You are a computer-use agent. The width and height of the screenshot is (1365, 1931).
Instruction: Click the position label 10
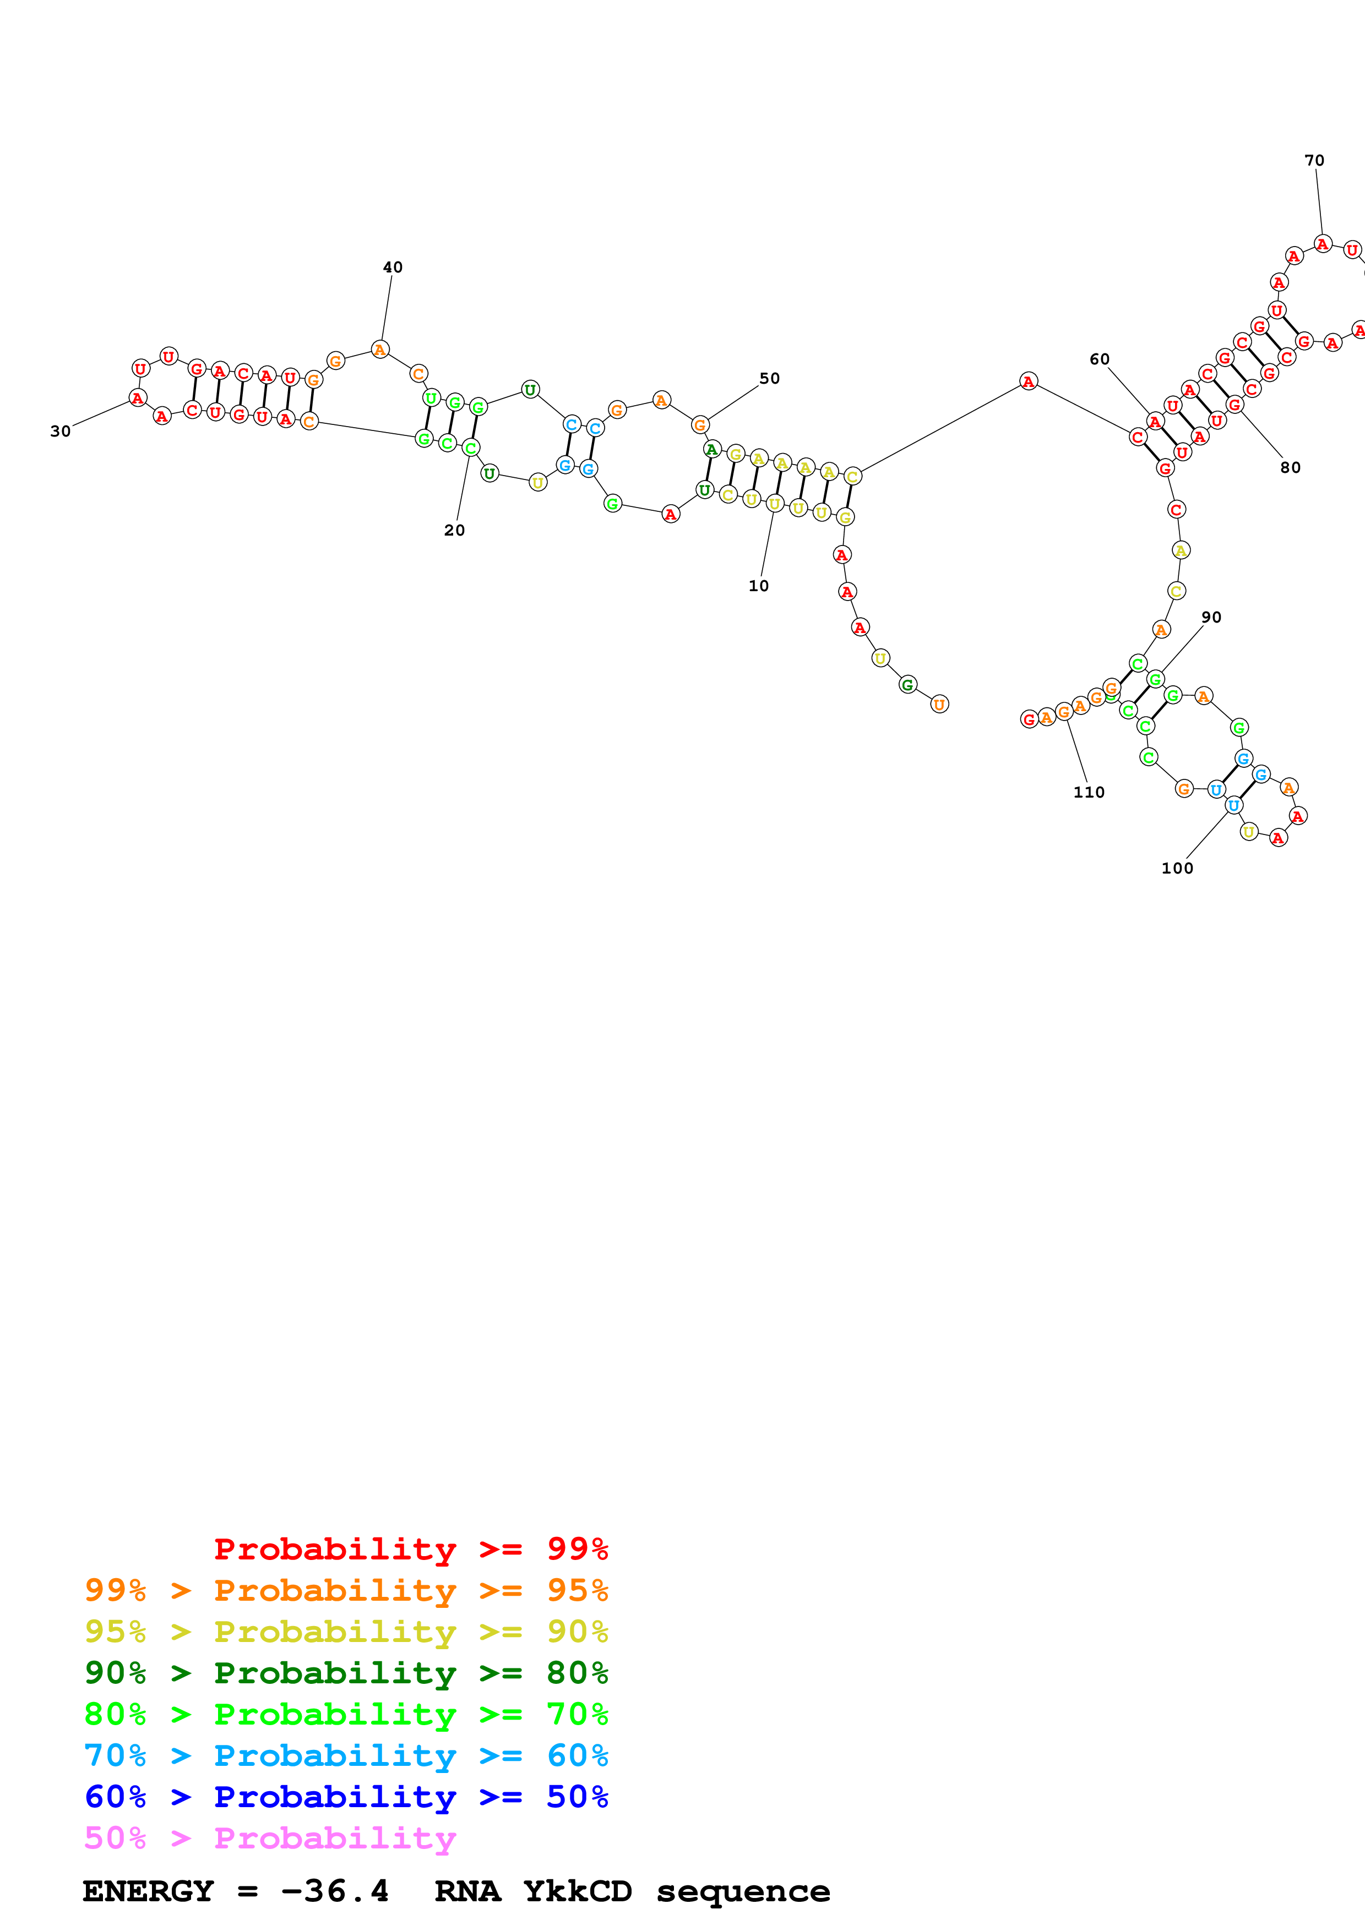pyautogui.click(x=758, y=586)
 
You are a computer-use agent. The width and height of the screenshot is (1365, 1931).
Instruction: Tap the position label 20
pyautogui.click(x=454, y=531)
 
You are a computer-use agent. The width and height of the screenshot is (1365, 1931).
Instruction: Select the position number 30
pyautogui.click(x=61, y=432)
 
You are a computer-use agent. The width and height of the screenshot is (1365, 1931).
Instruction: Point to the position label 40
pyautogui.click(x=393, y=268)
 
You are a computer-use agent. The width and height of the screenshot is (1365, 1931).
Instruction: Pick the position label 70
pyautogui.click(x=1314, y=161)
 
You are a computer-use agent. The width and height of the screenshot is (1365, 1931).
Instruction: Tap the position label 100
pyautogui.click(x=1177, y=869)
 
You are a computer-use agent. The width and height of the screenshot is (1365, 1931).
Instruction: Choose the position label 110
pyautogui.click(x=1088, y=792)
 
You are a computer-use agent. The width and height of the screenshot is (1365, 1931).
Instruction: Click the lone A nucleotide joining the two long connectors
pyautogui.click(x=1028, y=382)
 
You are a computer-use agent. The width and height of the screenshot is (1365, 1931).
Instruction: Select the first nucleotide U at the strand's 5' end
pyautogui.click(x=939, y=705)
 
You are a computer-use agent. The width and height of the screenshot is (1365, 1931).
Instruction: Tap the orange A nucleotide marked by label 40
pyautogui.click(x=380, y=350)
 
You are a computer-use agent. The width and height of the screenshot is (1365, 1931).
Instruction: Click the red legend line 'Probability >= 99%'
pyautogui.click(x=410, y=1548)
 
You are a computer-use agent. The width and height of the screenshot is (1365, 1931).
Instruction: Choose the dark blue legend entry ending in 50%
pyautogui.click(x=346, y=1797)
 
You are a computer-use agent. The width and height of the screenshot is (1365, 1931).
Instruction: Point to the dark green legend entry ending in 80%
pyautogui.click(x=346, y=1673)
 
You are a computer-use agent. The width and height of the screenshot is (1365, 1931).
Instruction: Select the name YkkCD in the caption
pyautogui.click(x=577, y=1891)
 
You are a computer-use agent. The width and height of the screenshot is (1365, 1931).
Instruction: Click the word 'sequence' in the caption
pyautogui.click(x=743, y=1891)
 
